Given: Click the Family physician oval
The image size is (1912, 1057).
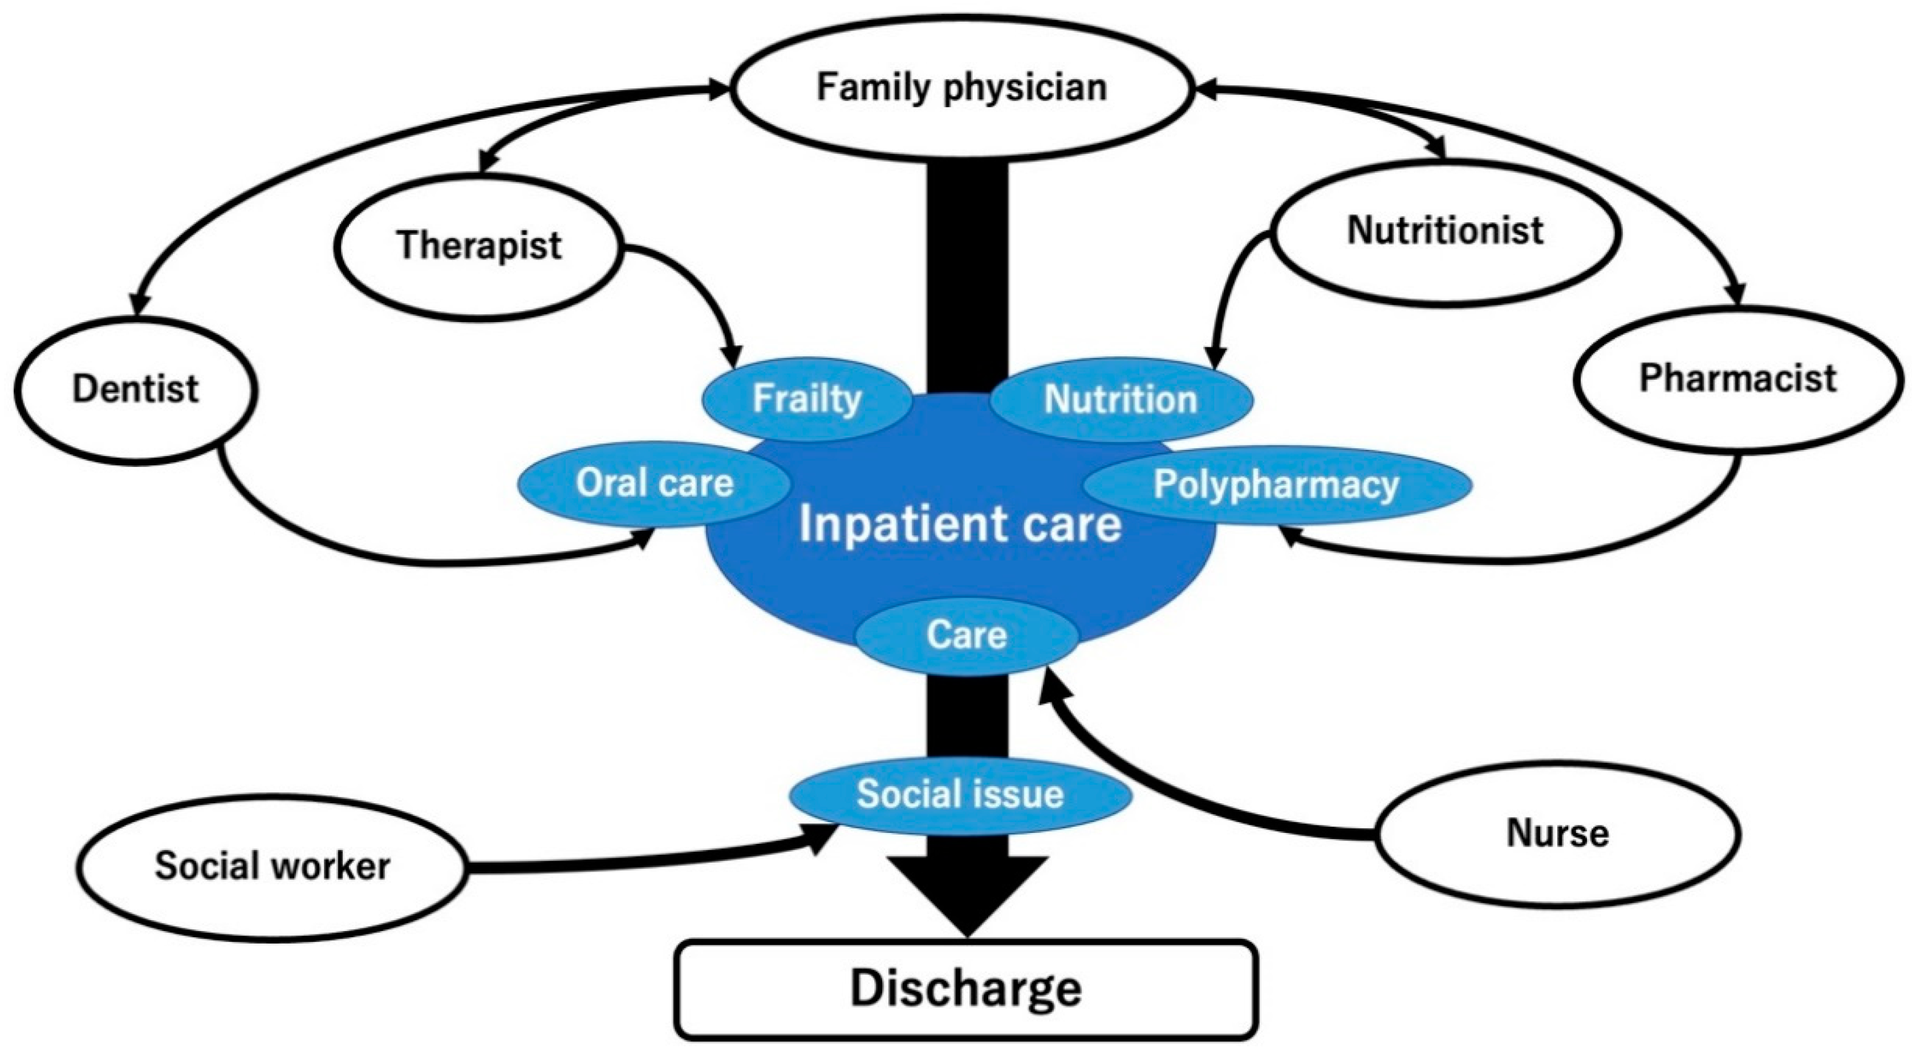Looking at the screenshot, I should [x=961, y=88].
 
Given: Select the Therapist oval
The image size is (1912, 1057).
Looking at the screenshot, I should [x=479, y=246].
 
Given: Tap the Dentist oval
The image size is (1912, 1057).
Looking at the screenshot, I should [x=136, y=389].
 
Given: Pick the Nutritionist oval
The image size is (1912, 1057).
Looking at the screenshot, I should [x=1444, y=230].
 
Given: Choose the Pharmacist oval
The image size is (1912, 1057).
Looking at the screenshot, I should [x=1737, y=379].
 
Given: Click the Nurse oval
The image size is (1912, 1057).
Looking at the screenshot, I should [x=1557, y=834].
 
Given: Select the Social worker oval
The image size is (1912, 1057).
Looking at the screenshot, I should [x=273, y=866].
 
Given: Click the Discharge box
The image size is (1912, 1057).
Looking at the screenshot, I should [x=965, y=989].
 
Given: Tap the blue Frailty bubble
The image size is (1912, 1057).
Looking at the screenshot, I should [x=807, y=399].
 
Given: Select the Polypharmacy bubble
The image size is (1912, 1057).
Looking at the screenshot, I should [x=1277, y=485].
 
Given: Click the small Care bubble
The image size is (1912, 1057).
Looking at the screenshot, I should [x=967, y=635].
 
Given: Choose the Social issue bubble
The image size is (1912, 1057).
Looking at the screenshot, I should [x=960, y=794].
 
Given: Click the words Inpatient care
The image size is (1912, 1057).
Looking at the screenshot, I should [x=960, y=524].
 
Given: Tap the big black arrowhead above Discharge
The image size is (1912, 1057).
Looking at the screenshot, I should [x=967, y=895].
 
